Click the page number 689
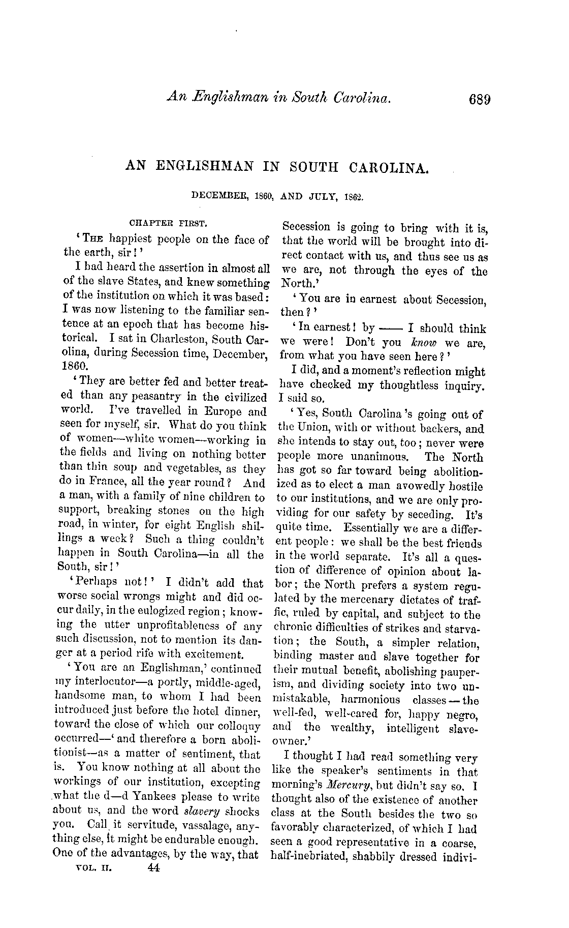(476, 99)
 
